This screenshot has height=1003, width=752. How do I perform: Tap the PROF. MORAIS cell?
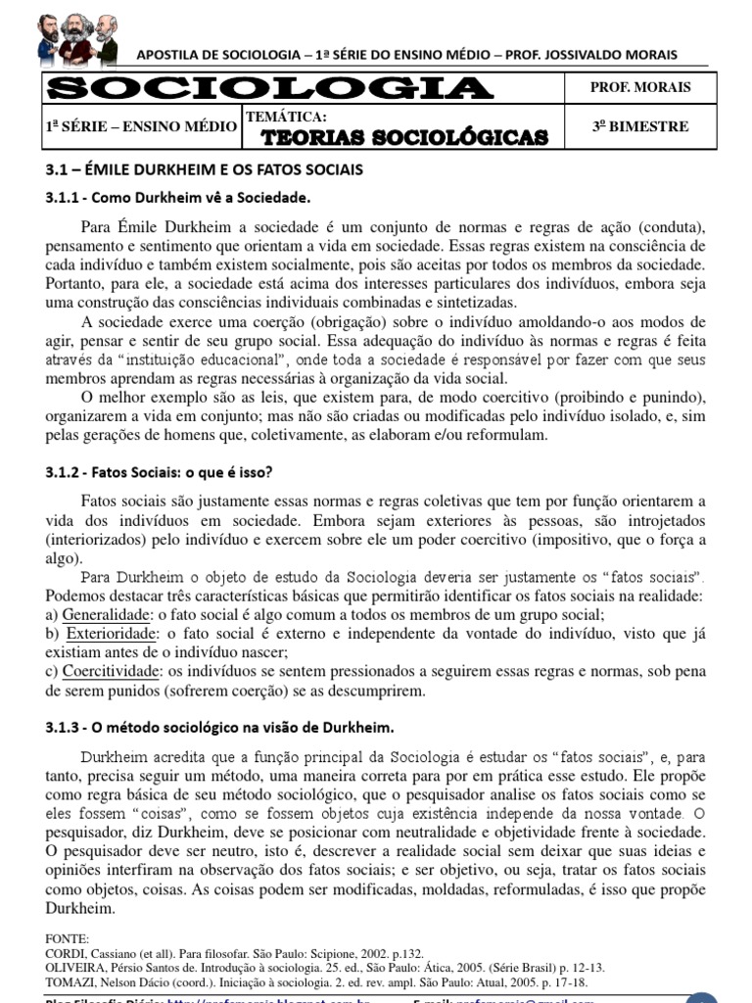(x=640, y=87)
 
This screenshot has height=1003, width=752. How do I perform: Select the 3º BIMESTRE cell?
(x=640, y=126)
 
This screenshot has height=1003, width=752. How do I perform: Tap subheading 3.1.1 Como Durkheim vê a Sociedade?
(x=177, y=198)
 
